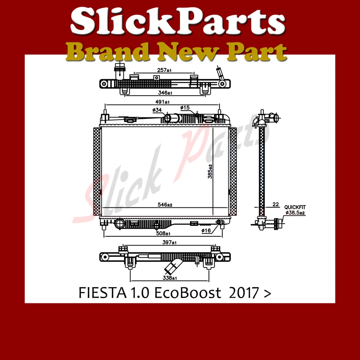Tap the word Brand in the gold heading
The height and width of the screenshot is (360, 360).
coord(100,52)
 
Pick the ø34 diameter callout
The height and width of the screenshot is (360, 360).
coord(157,110)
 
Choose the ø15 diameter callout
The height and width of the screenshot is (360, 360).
coord(185,108)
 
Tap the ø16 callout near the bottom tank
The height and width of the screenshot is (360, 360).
coord(206,230)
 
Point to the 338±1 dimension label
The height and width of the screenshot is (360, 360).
coord(169,278)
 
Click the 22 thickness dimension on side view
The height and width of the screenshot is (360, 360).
coord(276,205)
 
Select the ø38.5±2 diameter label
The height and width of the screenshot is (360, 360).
coord(296,213)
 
